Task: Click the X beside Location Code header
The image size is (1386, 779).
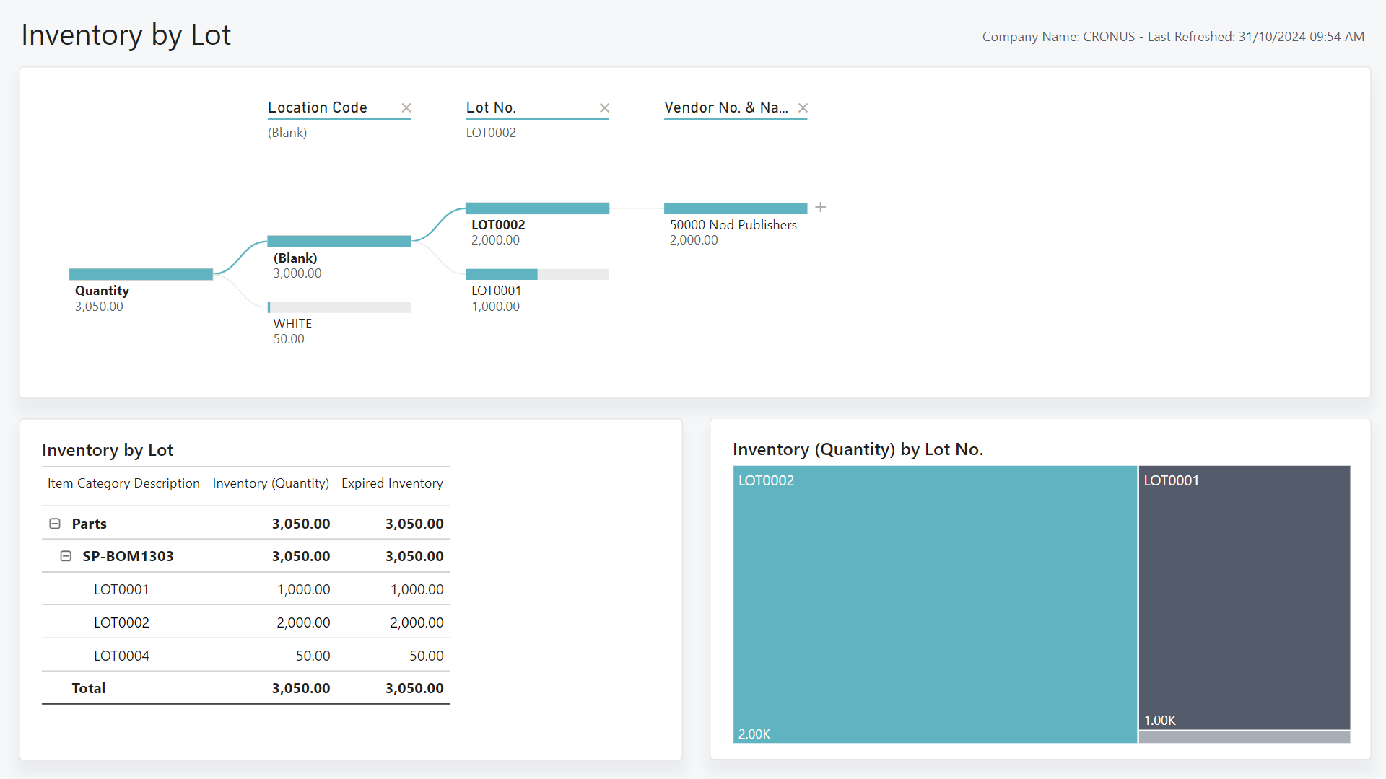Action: (x=406, y=107)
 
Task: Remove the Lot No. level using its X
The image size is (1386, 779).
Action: (x=605, y=107)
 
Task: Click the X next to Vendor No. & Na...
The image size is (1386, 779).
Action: (x=803, y=107)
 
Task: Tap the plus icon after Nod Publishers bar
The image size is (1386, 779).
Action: (x=821, y=208)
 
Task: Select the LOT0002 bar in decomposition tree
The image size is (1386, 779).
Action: (x=537, y=208)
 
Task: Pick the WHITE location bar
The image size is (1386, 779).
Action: (x=339, y=307)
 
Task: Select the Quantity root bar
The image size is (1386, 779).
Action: (x=141, y=274)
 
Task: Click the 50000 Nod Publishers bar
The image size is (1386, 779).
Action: (x=735, y=208)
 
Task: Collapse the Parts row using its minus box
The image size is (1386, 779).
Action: (x=55, y=524)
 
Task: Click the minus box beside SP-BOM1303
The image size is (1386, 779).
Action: (x=66, y=556)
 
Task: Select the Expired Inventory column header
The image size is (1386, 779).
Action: (x=392, y=483)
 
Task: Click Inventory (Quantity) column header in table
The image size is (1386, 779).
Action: (x=271, y=483)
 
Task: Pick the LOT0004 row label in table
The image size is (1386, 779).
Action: (x=121, y=656)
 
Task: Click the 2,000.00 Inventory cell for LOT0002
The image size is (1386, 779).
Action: (x=303, y=622)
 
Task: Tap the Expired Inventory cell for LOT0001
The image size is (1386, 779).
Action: (x=417, y=589)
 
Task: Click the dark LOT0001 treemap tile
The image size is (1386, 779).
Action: (x=1244, y=599)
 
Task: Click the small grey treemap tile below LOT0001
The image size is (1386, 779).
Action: (x=1244, y=737)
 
